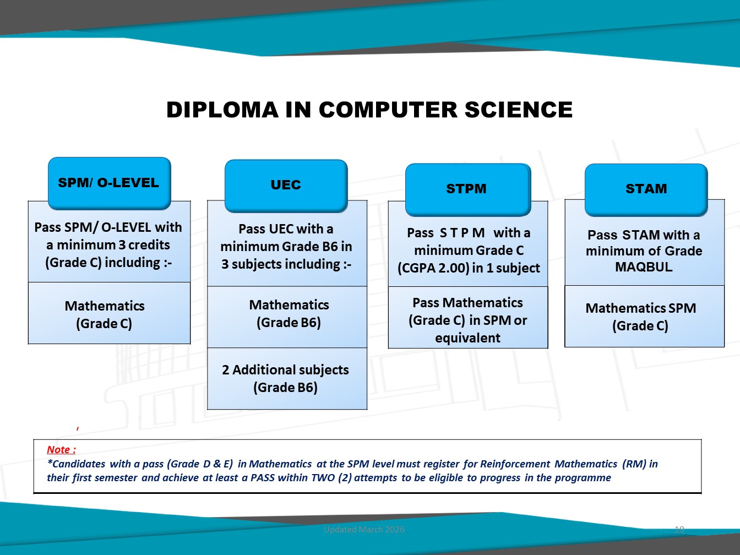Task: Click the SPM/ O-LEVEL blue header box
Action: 109,183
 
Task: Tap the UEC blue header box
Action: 286,186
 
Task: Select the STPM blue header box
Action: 468,190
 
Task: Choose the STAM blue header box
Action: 646,190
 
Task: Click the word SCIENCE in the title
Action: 519,110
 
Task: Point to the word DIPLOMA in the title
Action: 222,110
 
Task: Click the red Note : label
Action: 61,449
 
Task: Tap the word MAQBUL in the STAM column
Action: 644,267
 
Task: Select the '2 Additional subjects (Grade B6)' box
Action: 287,379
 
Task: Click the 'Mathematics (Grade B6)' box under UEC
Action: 287,317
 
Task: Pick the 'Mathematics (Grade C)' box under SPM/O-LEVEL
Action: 109,313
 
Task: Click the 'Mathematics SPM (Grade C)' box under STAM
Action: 644,316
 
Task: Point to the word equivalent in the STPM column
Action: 467,338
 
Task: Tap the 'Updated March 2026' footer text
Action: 364,529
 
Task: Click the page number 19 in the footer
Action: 679,529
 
